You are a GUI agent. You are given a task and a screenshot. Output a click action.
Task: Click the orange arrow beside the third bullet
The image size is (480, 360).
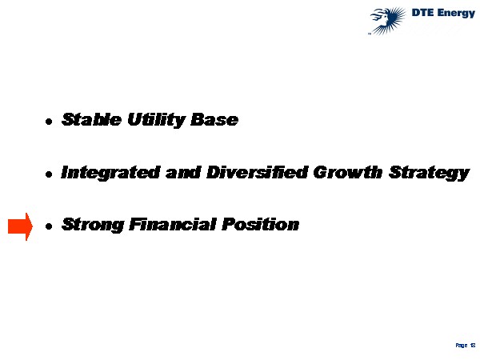pyautogui.click(x=20, y=226)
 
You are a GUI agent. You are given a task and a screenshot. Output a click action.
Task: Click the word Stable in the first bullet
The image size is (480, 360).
pyautogui.click(x=91, y=119)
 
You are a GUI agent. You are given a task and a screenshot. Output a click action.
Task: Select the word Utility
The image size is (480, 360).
pyautogui.click(x=156, y=120)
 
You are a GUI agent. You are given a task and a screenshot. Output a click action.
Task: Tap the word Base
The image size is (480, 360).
pyautogui.click(x=214, y=119)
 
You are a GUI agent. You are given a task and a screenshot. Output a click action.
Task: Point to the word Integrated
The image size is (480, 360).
pyautogui.click(x=110, y=173)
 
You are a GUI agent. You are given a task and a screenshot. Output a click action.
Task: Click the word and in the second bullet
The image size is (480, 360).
pyautogui.click(x=183, y=172)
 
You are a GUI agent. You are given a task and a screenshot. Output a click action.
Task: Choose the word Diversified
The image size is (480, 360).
pyautogui.click(x=257, y=172)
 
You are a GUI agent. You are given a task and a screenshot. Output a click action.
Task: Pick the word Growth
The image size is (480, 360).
pyautogui.click(x=348, y=172)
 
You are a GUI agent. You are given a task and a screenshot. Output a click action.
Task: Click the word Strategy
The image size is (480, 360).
pyautogui.click(x=429, y=173)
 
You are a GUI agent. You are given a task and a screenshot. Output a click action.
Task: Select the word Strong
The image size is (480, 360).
pyautogui.click(x=93, y=225)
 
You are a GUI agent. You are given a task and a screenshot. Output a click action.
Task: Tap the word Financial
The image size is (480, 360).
pyautogui.click(x=173, y=224)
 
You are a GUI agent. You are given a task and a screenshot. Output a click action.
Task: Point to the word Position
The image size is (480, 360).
pyautogui.click(x=260, y=224)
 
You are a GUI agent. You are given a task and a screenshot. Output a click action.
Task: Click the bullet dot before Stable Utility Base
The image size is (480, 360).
pyautogui.click(x=49, y=122)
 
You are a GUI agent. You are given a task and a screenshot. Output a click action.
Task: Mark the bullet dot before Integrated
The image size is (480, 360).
pyautogui.click(x=49, y=174)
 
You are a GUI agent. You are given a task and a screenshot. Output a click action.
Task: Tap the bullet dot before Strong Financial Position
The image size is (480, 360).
pyautogui.click(x=49, y=226)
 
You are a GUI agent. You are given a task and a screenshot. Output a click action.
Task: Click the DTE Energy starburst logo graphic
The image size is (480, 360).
pyautogui.click(x=387, y=21)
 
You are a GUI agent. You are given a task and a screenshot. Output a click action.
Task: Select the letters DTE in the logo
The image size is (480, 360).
pyautogui.click(x=422, y=13)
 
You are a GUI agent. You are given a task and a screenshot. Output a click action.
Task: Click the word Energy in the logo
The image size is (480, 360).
pyautogui.click(x=456, y=14)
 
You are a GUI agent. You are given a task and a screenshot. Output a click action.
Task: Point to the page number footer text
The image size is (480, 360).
pyautogui.click(x=466, y=346)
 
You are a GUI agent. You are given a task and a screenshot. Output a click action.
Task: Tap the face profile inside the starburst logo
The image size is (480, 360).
pyautogui.click(x=383, y=18)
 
